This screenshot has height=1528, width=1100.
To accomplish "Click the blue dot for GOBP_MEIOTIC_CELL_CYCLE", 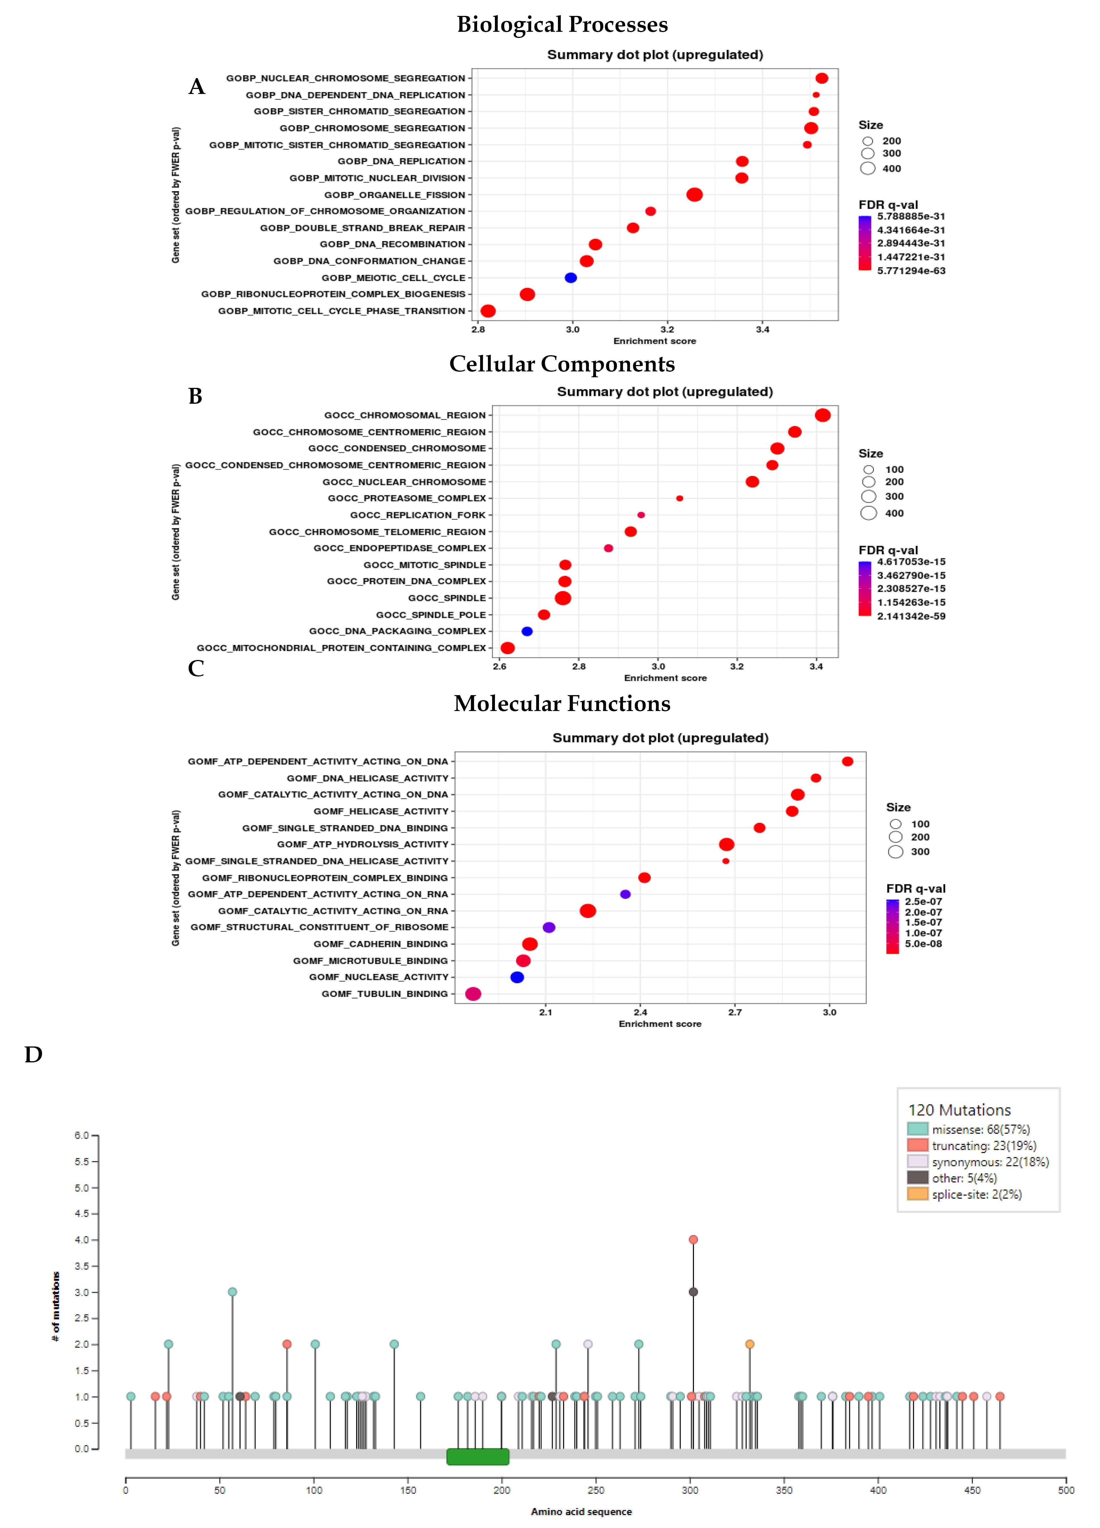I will click(x=570, y=277).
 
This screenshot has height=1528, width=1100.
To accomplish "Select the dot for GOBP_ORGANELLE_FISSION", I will click(x=695, y=195).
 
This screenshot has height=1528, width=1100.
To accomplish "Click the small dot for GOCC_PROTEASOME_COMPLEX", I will click(x=680, y=499).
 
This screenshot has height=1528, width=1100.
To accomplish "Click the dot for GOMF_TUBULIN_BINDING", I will click(x=473, y=994).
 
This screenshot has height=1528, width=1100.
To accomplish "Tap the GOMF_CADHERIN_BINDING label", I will click(x=381, y=944).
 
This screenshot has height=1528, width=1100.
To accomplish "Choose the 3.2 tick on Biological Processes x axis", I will click(x=668, y=330).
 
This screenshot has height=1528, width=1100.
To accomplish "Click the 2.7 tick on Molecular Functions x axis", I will click(x=735, y=1012).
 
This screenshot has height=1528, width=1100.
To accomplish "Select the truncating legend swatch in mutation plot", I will click(x=917, y=1145).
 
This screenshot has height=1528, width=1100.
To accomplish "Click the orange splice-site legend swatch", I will click(x=917, y=1194).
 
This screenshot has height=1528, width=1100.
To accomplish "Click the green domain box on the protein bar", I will click(x=478, y=1457).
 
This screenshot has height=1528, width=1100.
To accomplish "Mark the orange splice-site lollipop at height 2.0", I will click(x=750, y=1344).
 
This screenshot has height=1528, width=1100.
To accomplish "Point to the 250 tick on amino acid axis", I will click(x=596, y=1490).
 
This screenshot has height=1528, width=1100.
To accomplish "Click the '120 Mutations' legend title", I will click(x=959, y=1110).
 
